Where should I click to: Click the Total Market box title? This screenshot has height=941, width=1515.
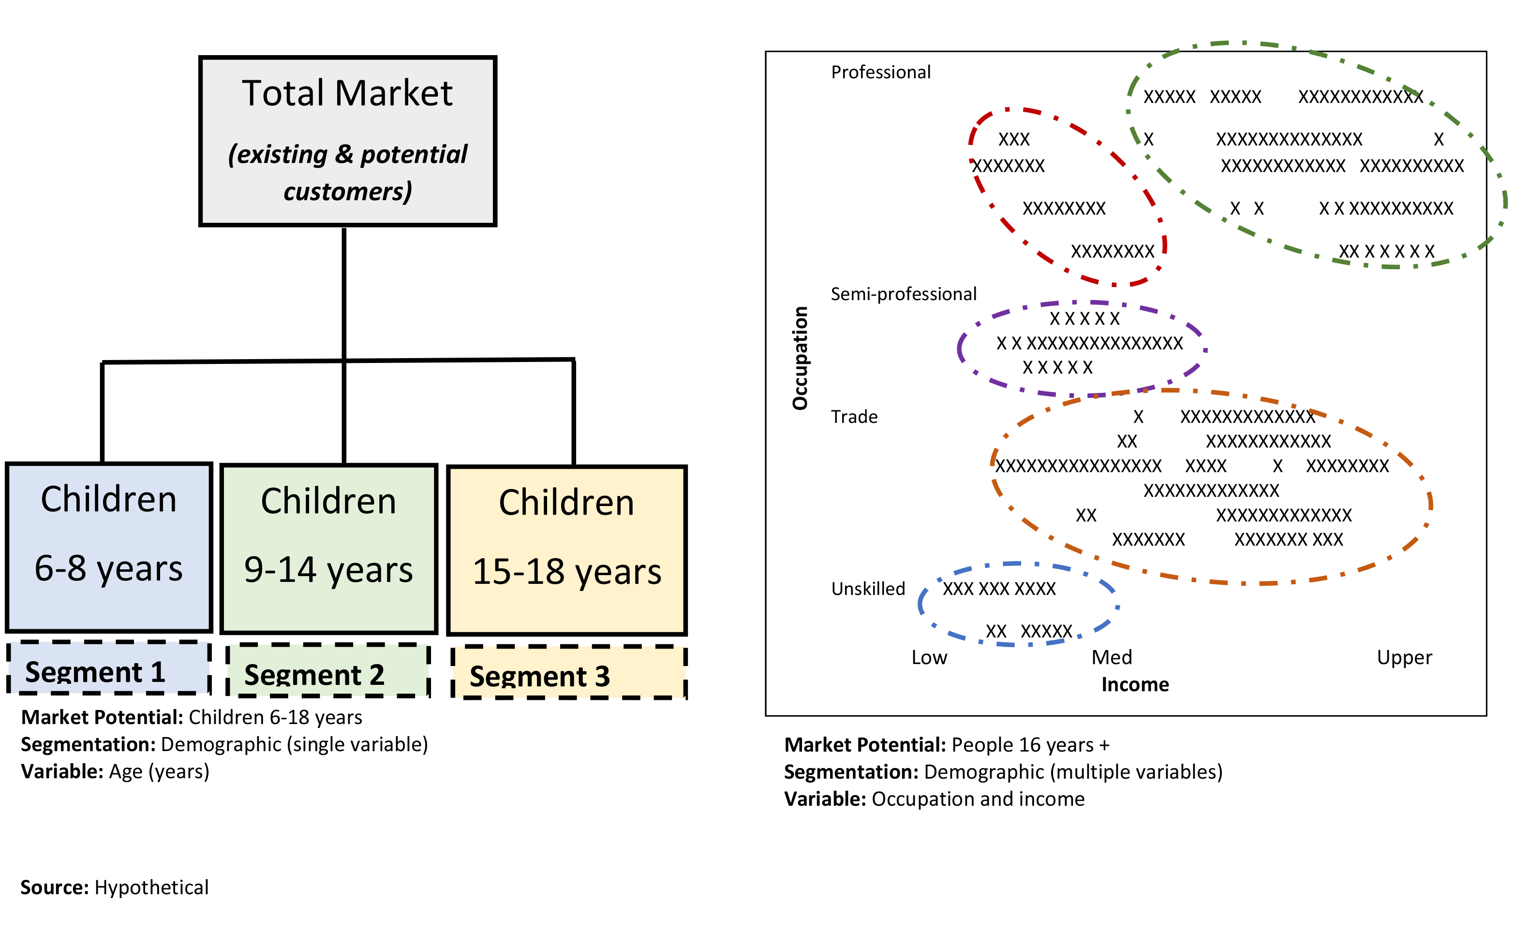347,93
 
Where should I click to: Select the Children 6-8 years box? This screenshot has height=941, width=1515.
109,548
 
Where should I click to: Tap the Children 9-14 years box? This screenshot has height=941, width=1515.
329,549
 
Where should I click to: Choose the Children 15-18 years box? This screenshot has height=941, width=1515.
566,550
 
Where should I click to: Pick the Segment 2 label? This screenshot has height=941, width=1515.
314,675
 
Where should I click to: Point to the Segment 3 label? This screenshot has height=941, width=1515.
540,677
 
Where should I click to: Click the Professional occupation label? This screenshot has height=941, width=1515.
880,72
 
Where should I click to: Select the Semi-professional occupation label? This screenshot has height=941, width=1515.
904,294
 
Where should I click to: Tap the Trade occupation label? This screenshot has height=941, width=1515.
854,416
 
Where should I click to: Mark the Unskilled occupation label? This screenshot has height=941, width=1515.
868,588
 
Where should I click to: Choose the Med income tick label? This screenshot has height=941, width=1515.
1112,657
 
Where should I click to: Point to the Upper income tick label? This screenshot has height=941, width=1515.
1404,657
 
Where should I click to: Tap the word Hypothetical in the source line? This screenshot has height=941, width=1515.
151,887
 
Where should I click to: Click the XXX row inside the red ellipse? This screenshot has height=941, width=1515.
1014,139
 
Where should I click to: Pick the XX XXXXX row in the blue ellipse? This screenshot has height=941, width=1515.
1029,631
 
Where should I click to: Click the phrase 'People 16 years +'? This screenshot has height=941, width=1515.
1030,745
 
